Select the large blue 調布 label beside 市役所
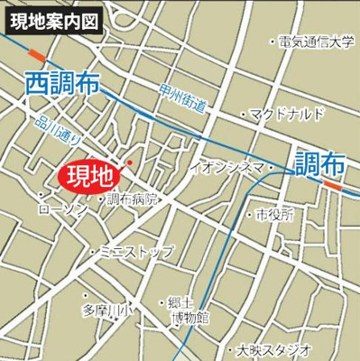click(x=319, y=163)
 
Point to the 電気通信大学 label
click(x=317, y=41)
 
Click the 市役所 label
click(x=274, y=216)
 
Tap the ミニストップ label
click(x=135, y=252)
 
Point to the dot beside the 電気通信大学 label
click(x=272, y=41)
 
